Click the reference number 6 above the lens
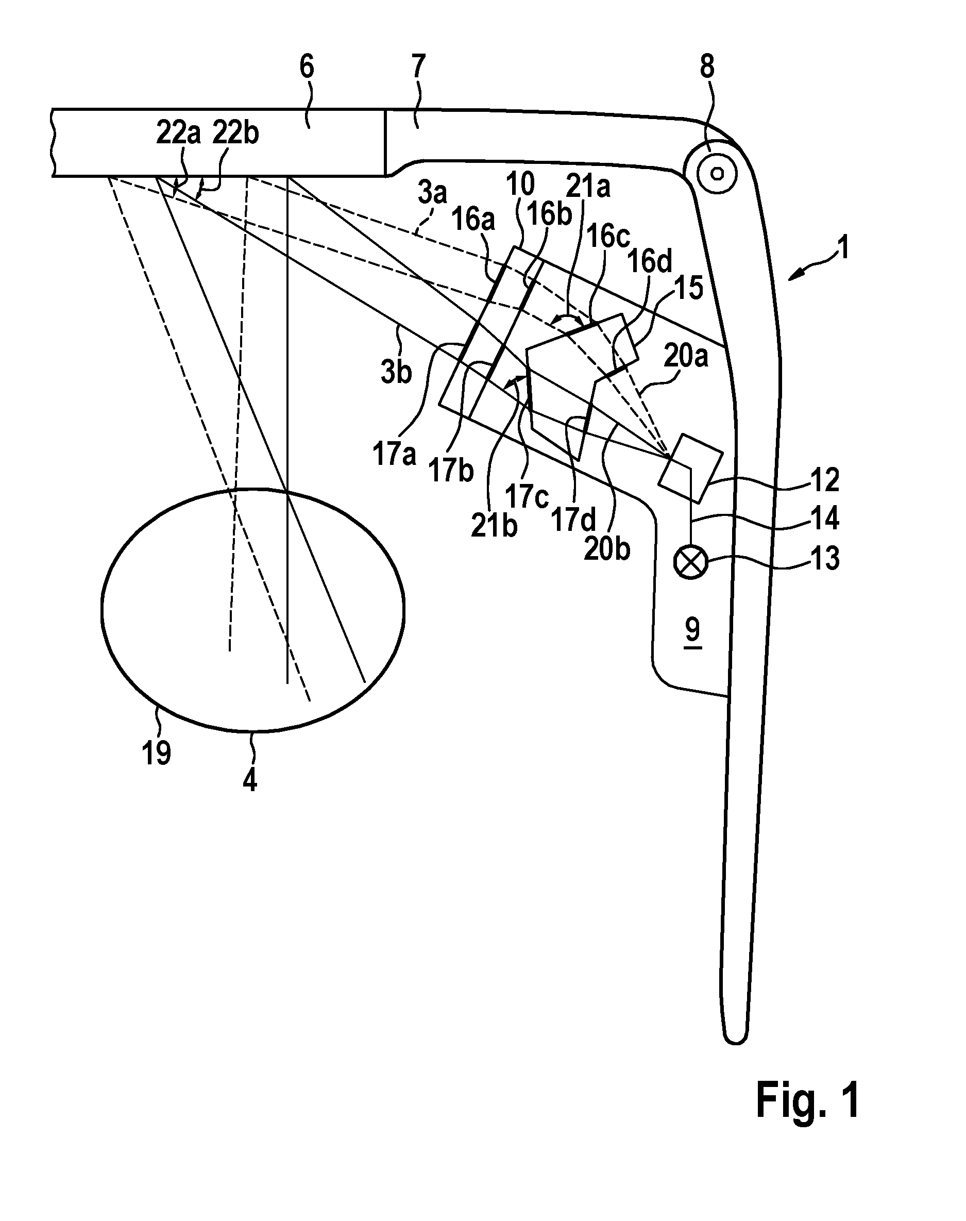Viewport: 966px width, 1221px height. pyautogui.click(x=306, y=68)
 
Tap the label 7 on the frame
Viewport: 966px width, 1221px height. pyautogui.click(x=418, y=68)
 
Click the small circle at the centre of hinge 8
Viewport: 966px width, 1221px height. pyautogui.click(x=717, y=173)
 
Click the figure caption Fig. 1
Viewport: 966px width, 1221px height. pyautogui.click(x=808, y=1099)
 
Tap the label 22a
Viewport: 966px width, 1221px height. pyautogui.click(x=179, y=134)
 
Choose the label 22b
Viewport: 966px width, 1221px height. pyautogui.click(x=235, y=134)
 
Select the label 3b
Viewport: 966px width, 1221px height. pyautogui.click(x=396, y=373)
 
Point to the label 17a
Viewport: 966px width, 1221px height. pyautogui.click(x=394, y=455)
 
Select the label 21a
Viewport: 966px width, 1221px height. pyautogui.click(x=588, y=187)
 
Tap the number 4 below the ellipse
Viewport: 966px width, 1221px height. pyautogui.click(x=249, y=780)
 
